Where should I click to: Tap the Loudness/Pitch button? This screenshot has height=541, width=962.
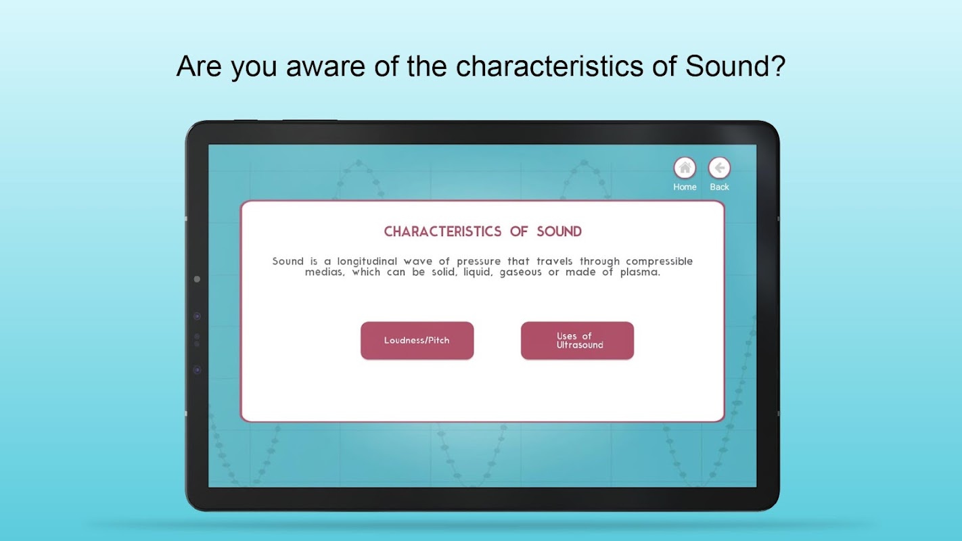(417, 340)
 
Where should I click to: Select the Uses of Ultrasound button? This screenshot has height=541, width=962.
(577, 340)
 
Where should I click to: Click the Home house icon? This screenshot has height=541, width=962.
(685, 168)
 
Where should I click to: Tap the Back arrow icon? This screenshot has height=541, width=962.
(719, 168)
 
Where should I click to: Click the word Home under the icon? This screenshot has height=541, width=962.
(685, 187)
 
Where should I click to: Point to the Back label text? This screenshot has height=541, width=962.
(719, 187)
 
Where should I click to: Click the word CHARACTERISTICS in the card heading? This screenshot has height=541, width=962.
(442, 232)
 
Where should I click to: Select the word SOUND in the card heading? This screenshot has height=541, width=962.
(559, 232)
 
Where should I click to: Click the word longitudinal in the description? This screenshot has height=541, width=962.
(367, 262)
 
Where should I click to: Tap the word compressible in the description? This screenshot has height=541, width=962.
(659, 262)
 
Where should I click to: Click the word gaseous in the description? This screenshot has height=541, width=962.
(520, 273)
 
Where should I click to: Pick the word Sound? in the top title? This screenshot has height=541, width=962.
(735, 66)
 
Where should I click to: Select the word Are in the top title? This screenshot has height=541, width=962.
(200, 66)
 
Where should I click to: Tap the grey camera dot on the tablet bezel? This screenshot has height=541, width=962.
(197, 279)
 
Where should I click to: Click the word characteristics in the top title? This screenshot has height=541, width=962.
(549, 66)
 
